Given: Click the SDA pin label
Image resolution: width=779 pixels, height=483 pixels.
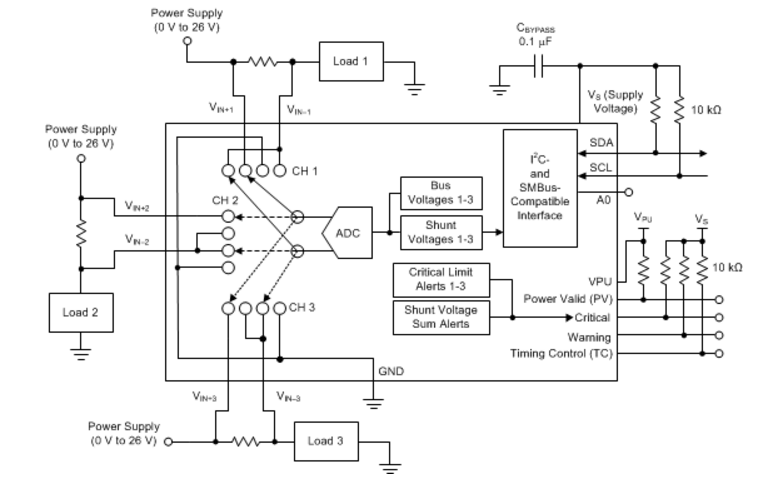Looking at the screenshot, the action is tap(601, 143).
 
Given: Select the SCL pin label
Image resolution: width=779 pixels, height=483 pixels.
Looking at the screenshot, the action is tap(601, 167).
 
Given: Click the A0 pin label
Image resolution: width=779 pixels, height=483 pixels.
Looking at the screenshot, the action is tap(603, 200).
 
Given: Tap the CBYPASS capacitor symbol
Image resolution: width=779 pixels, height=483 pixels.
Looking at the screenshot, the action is tap(539, 66).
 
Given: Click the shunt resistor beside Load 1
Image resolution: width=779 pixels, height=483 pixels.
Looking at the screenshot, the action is tap(262, 62).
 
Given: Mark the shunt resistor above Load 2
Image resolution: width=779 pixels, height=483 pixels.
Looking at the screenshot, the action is tap(81, 234).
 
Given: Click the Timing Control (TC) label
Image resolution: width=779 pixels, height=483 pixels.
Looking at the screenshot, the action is tap(561, 354).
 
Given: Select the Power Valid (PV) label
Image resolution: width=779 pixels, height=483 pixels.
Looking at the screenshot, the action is tap(568, 299).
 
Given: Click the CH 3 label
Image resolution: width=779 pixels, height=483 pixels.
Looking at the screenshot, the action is tap(302, 308).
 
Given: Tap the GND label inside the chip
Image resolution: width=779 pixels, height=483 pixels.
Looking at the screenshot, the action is tap(391, 371).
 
